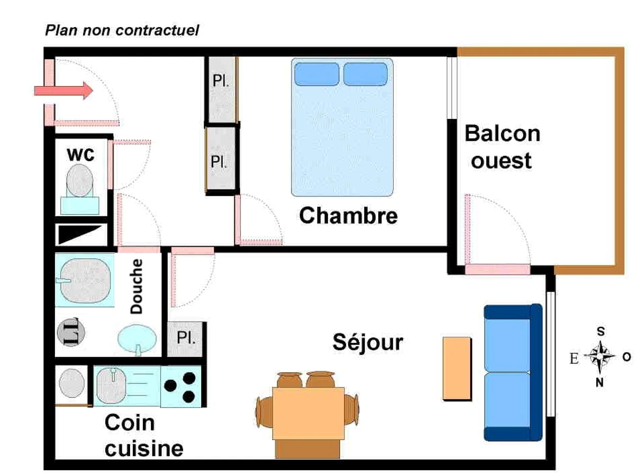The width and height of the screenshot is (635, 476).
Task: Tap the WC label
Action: point(80,155)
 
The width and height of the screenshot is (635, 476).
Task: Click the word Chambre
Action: point(348,216)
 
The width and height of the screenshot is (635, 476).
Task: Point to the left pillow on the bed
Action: point(316,74)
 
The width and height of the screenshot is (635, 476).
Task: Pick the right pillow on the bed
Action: point(366,74)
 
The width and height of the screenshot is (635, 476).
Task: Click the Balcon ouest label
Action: point(502,147)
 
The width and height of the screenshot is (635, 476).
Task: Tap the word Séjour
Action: point(368,342)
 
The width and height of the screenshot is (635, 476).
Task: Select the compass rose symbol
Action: point(600,357)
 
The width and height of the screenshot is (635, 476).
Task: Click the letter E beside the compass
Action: point(574,359)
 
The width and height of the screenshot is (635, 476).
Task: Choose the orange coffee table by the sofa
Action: point(457,368)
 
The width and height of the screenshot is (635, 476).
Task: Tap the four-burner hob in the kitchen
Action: point(180,386)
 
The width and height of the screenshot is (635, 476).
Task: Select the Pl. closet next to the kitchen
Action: point(186,338)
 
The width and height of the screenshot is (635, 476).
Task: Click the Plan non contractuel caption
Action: point(122,30)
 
